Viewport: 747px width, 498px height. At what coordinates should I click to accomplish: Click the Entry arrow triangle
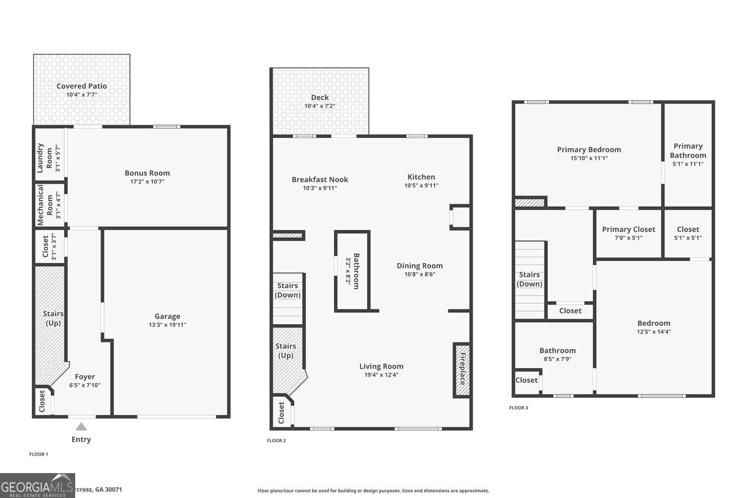tap(81, 427)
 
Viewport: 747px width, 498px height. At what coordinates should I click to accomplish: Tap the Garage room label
tap(167, 316)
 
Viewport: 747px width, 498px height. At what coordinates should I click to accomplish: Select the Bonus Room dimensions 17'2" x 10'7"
tap(147, 182)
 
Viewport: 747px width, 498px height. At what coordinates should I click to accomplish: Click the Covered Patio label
tap(82, 86)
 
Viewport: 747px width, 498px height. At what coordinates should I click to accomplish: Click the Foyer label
tap(85, 377)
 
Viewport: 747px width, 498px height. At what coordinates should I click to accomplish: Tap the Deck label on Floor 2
tap(320, 98)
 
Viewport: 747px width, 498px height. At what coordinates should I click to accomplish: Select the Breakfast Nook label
tap(320, 180)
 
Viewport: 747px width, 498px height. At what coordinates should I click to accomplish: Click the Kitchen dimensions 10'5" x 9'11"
tap(421, 186)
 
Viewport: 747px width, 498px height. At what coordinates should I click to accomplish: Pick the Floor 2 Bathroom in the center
tap(352, 271)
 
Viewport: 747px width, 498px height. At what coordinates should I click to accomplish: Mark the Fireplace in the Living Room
tap(462, 370)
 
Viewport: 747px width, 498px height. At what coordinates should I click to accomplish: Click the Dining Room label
tap(419, 266)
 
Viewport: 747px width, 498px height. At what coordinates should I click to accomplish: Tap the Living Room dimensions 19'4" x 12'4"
tap(381, 375)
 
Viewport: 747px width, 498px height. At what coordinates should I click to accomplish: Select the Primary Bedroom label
tap(589, 150)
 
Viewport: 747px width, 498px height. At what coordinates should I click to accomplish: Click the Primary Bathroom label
tap(688, 150)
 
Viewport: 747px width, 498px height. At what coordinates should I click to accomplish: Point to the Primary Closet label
tap(628, 230)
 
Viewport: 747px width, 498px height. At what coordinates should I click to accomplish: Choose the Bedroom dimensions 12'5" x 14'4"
tap(654, 332)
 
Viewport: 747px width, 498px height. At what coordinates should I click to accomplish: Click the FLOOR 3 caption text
tap(518, 408)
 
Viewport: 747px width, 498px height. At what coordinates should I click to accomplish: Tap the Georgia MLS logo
tap(37, 486)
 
